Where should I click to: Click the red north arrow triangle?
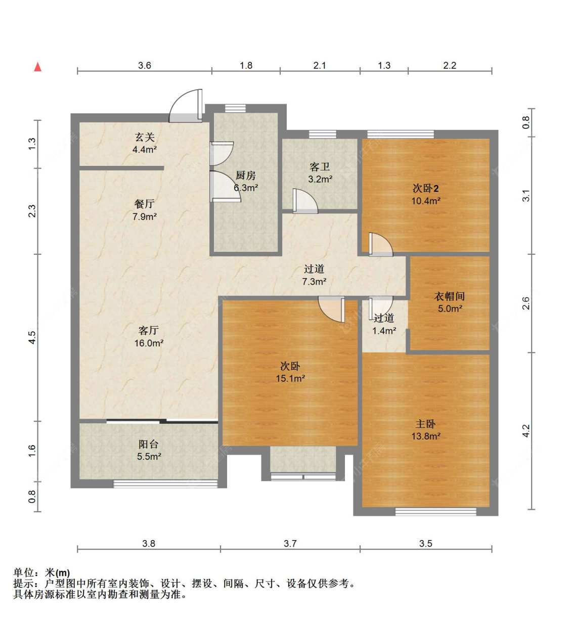coord(38,67)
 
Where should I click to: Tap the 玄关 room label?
coord(145,137)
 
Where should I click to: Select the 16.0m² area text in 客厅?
coord(149,343)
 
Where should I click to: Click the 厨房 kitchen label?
coord(245,175)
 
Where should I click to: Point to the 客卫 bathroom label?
coord(320,167)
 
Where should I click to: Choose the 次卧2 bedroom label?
coord(425,188)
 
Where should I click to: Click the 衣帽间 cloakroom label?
coord(449,296)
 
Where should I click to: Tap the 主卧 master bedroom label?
coord(425,424)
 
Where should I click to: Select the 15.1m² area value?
coord(290,378)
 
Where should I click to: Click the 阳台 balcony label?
coord(148,444)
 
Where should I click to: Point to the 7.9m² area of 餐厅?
coord(145,216)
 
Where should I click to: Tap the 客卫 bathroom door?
coord(305,201)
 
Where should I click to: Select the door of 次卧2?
coord(381,244)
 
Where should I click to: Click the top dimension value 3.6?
coord(145,66)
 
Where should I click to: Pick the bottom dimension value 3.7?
coord(290,543)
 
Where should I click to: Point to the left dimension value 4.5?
coord(32,337)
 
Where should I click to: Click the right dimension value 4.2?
coord(526,431)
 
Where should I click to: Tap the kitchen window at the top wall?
coord(235,108)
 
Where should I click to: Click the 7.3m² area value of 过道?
coord(314,281)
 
